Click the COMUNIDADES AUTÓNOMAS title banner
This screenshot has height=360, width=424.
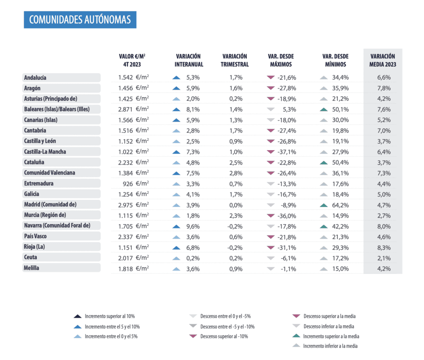coord(80,19)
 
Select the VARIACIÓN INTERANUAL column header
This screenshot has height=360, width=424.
coord(189,60)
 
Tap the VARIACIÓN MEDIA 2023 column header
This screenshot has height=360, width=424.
coord(383,60)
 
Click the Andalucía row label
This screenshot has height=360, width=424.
coord(36,77)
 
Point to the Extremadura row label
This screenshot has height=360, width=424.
coord(39,183)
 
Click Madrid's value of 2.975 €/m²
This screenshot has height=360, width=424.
coord(132,204)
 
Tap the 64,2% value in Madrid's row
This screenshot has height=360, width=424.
coord(342,204)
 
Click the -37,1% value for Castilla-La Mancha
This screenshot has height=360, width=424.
coord(288,151)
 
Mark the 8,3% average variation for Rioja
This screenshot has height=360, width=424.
coord(383,247)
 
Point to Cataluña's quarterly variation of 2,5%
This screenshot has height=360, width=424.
coord(235,162)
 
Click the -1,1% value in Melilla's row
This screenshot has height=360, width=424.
coord(289,268)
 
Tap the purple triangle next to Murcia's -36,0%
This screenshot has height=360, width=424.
coord(271,215)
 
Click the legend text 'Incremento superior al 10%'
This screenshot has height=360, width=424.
coord(110,316)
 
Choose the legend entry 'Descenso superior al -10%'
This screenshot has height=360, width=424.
coord(224,336)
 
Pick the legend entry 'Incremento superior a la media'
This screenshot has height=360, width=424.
coord(331,336)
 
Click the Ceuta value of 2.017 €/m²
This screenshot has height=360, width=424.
coord(132,257)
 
